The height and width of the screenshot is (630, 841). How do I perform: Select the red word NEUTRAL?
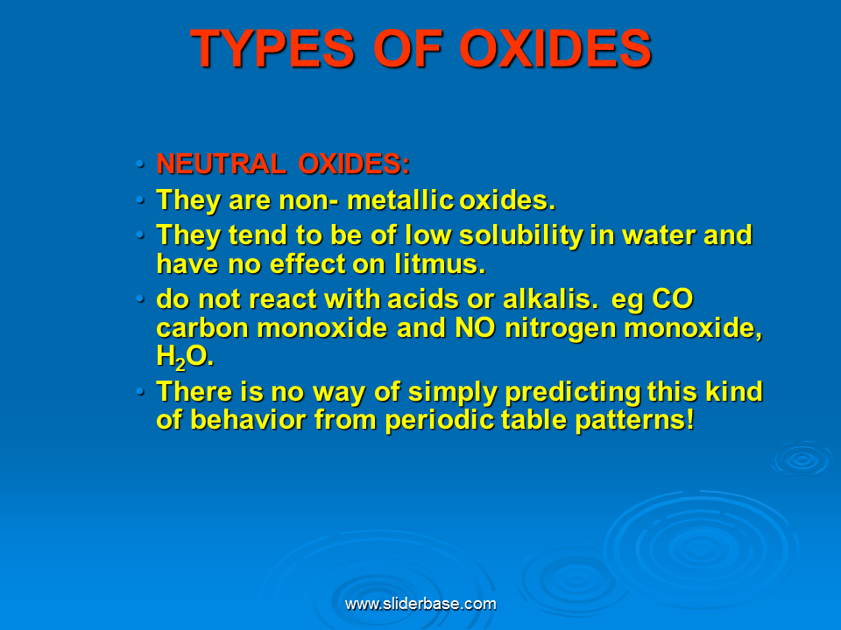pos(221,164)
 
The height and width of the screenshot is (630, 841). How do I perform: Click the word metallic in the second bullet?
pos(400,200)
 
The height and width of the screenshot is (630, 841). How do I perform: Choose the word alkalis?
pos(534,299)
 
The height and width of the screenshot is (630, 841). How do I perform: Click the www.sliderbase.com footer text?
pos(420,604)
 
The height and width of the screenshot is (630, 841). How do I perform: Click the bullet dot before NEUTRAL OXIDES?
pos(140,164)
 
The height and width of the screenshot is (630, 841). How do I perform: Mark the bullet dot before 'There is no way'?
pos(140,391)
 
